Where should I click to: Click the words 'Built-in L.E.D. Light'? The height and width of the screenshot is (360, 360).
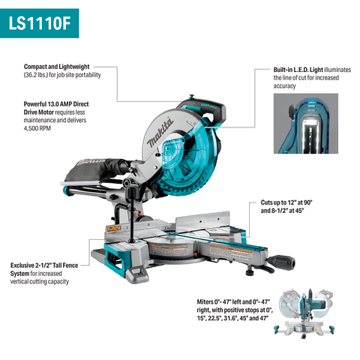point(299,69)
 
